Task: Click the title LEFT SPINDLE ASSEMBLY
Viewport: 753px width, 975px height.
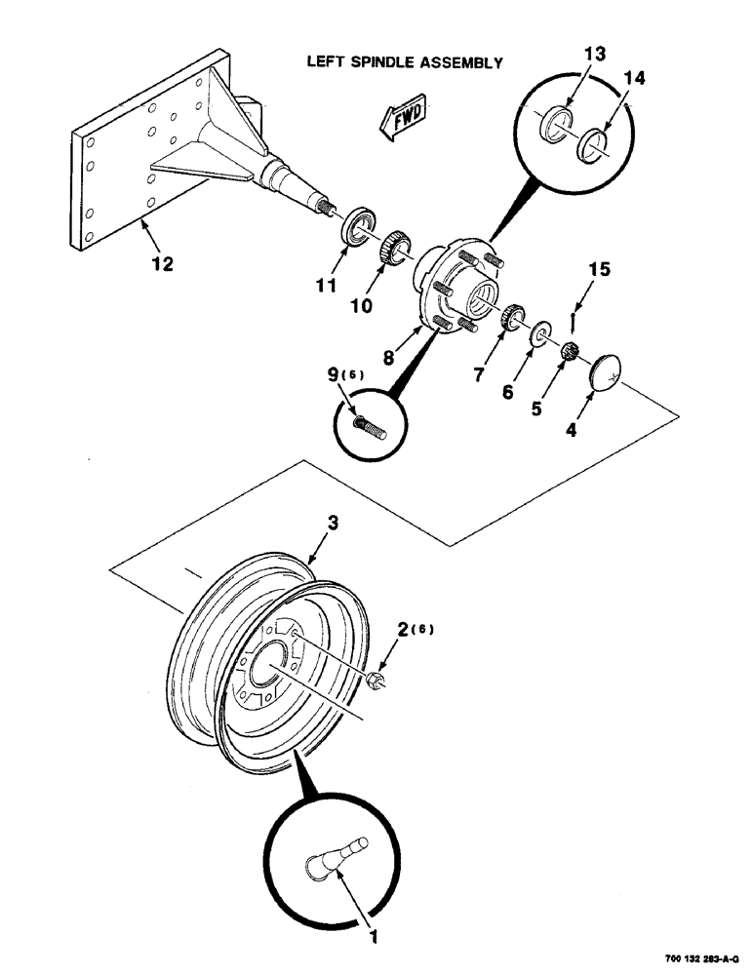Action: point(404,63)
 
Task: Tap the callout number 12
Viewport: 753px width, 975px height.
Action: point(163,263)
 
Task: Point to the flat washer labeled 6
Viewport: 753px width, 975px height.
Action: point(538,337)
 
